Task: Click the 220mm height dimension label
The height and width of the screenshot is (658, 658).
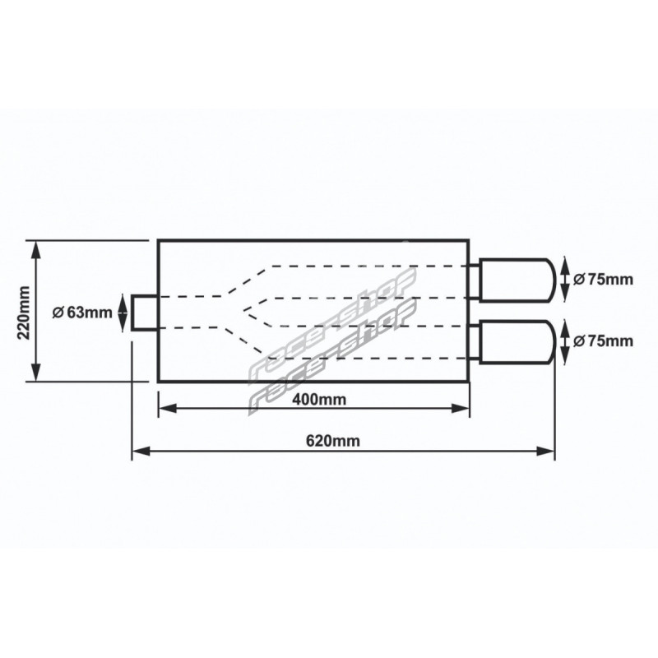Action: (x=24, y=313)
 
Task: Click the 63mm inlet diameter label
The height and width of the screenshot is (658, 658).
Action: (x=83, y=313)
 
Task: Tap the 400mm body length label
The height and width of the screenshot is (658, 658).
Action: (x=319, y=399)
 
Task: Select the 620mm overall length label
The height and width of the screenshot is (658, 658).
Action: (x=333, y=441)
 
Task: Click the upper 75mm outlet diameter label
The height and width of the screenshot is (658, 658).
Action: (x=603, y=279)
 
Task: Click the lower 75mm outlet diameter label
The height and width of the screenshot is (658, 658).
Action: (x=603, y=341)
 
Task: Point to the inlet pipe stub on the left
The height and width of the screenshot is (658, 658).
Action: (x=146, y=313)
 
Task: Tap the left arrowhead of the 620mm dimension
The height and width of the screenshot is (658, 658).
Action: (x=141, y=452)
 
